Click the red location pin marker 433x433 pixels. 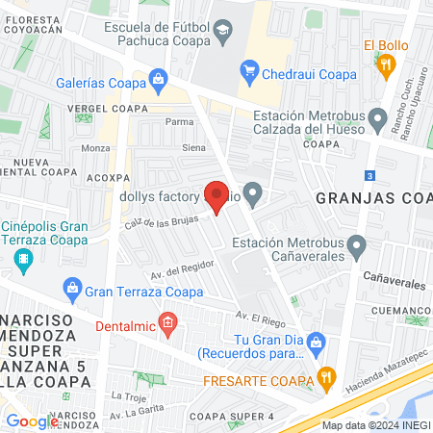pyautogui.click(x=216, y=196)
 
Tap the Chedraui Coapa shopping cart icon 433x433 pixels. pyautogui.click(x=250, y=69)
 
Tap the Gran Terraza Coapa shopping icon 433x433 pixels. pyautogui.click(x=71, y=287)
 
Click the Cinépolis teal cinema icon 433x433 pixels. pyautogui.click(x=25, y=258)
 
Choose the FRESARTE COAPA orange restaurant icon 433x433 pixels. pyautogui.click(x=326, y=375)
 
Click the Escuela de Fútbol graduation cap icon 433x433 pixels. pyautogui.click(x=223, y=32)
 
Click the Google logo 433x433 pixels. pyautogui.click(x=32, y=420)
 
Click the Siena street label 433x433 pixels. pyautogui.click(x=194, y=147)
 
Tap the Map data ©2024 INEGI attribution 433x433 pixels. pyautogui.click(x=375, y=425)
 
